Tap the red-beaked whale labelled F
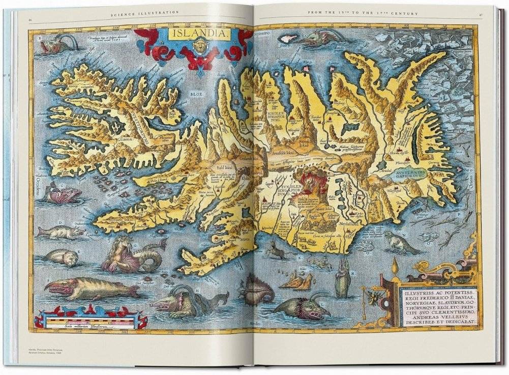click(92, 289)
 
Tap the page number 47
click(480, 13)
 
